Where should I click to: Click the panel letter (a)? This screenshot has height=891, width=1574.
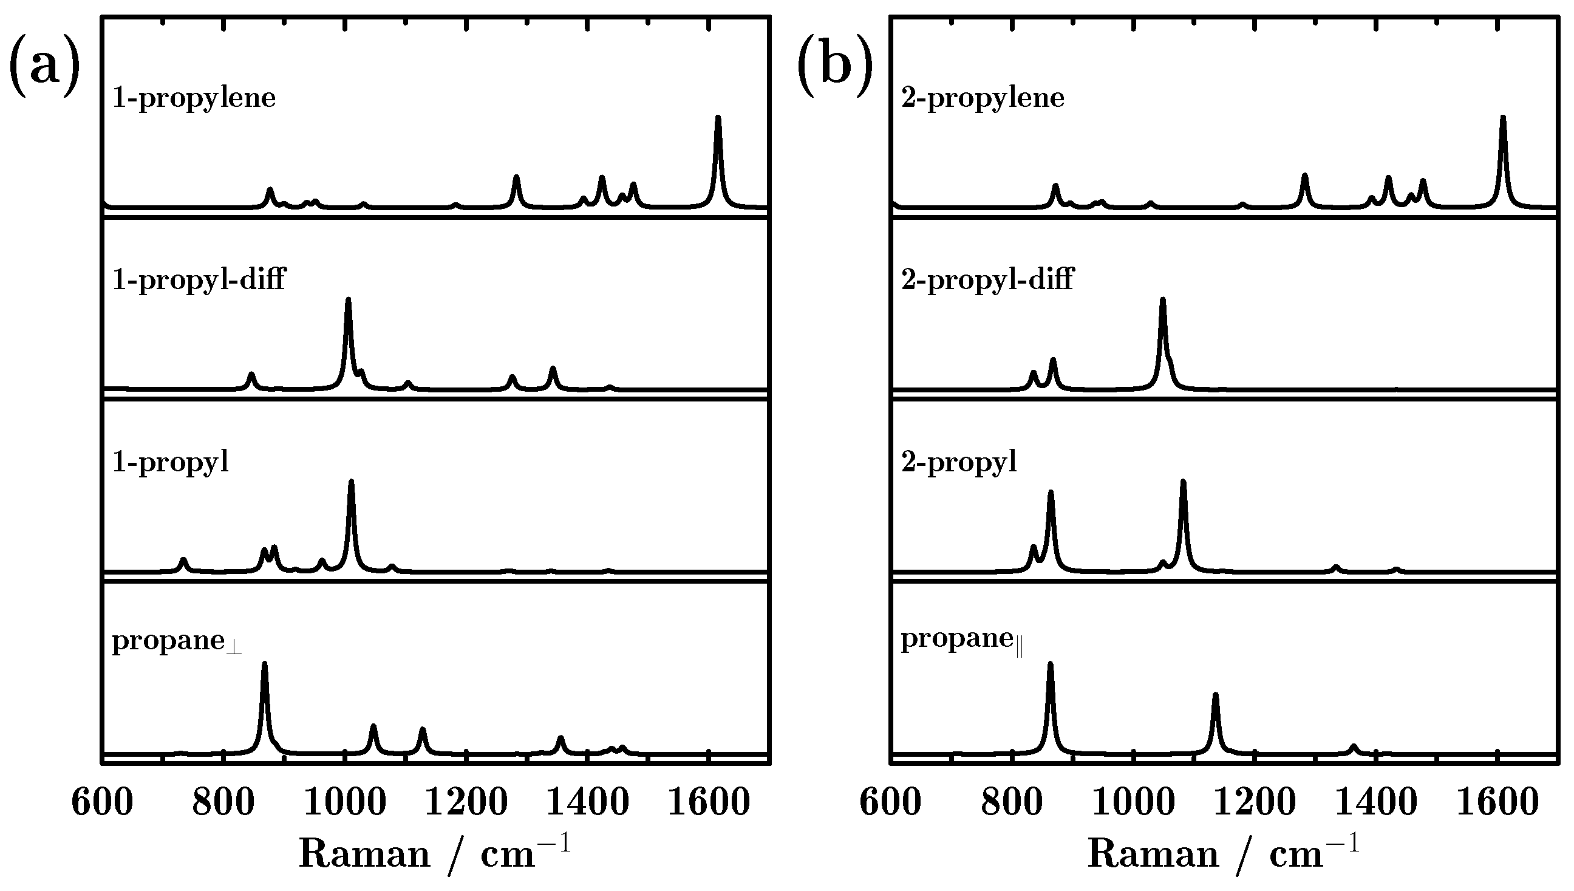pos(44,65)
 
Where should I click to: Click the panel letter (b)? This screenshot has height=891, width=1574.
pos(835,65)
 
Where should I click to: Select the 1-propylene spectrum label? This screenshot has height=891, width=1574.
pos(194,98)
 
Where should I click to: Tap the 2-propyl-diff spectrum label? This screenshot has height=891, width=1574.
pos(987,279)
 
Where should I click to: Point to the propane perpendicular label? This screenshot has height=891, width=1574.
pos(177,641)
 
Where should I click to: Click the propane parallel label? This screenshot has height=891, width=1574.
pos(962,640)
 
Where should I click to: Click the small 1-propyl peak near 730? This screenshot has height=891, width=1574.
pos(183,561)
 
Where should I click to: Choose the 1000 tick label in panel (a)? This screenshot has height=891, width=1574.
pos(345,802)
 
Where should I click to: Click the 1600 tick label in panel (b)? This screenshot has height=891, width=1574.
pos(1497,802)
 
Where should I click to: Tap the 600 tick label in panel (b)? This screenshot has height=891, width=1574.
pos(890,802)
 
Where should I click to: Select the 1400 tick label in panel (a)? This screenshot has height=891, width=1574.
pos(587,802)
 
